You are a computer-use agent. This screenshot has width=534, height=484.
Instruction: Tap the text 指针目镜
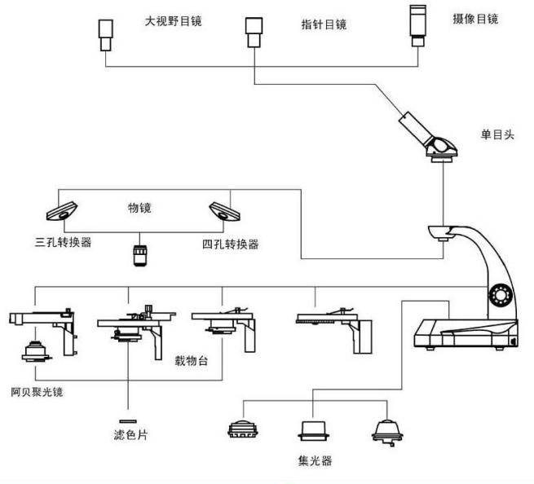[324, 24]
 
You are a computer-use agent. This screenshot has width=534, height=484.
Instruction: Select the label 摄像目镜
[475, 18]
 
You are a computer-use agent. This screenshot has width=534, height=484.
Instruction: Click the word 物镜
[139, 209]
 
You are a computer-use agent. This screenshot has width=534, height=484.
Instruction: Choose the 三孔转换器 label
[62, 243]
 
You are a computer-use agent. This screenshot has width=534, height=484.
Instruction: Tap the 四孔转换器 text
[230, 244]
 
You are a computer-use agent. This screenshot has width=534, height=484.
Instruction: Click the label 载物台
[192, 359]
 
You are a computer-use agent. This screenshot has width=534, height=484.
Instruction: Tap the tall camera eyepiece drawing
[419, 25]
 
